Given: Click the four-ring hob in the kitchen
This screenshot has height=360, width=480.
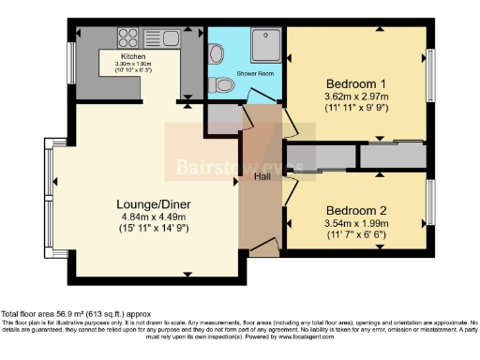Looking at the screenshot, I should click(127, 37).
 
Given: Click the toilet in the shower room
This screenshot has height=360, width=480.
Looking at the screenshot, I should click(223, 85).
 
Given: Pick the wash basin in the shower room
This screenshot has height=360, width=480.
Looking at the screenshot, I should click(217, 54).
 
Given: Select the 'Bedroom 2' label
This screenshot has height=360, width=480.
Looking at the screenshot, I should click(354, 211).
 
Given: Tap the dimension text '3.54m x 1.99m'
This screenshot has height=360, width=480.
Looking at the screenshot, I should click(354, 225).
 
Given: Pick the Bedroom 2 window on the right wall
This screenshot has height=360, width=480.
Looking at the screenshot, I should click(430, 202).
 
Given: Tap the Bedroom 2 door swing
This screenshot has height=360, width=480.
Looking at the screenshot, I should click(289, 187).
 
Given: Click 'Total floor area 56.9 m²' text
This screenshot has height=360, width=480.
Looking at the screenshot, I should click(75, 314).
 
